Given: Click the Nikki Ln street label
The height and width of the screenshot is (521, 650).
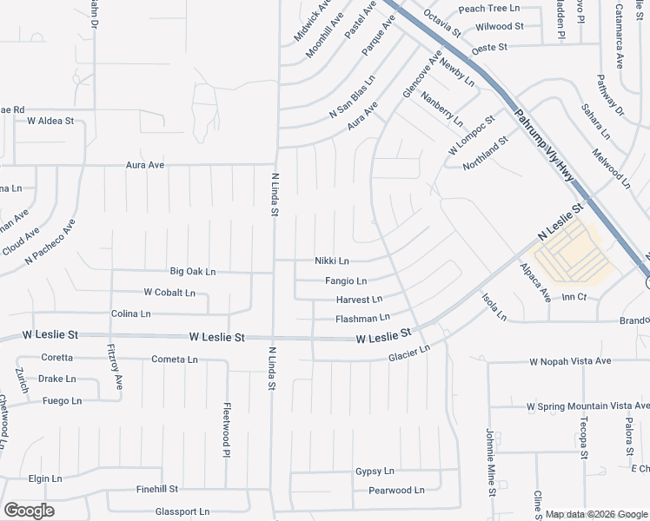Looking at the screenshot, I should click(331, 260).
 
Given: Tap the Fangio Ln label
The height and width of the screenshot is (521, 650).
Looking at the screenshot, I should click(346, 281).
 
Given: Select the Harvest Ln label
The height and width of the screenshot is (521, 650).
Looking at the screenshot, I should click(359, 300).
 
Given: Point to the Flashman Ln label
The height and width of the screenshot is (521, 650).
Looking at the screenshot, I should click(362, 319).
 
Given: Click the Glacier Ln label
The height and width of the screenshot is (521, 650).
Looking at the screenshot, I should click(409, 353).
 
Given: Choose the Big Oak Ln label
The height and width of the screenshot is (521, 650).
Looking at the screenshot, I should click(192, 272).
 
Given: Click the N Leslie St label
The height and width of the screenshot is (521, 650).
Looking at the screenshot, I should click(560, 224).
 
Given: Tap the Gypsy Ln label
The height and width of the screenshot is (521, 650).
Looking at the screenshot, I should click(375, 472).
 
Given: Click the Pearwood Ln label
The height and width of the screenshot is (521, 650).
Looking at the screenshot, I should click(396, 491).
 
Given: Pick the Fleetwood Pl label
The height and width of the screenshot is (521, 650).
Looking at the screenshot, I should click(226, 429).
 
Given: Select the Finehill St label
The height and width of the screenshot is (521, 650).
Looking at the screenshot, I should click(157, 490).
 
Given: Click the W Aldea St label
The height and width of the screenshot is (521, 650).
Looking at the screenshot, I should click(50, 121).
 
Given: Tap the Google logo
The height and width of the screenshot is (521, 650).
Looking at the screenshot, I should click(29, 510).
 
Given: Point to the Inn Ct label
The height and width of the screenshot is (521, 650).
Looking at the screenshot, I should click(575, 297).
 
